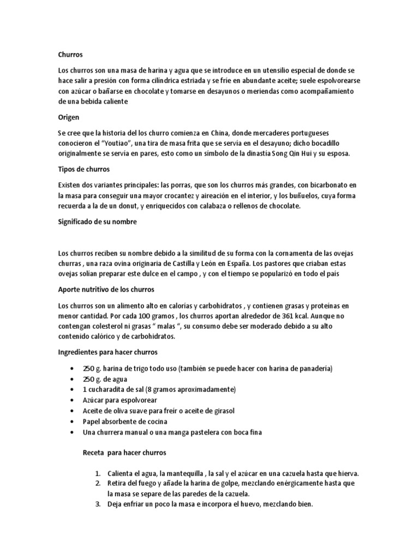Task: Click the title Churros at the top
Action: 70,55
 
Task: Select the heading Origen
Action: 69,117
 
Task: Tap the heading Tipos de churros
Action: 84,169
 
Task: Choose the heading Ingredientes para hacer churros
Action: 107,352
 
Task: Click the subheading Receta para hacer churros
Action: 124,453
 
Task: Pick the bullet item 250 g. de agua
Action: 104,379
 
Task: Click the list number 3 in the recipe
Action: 98,504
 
